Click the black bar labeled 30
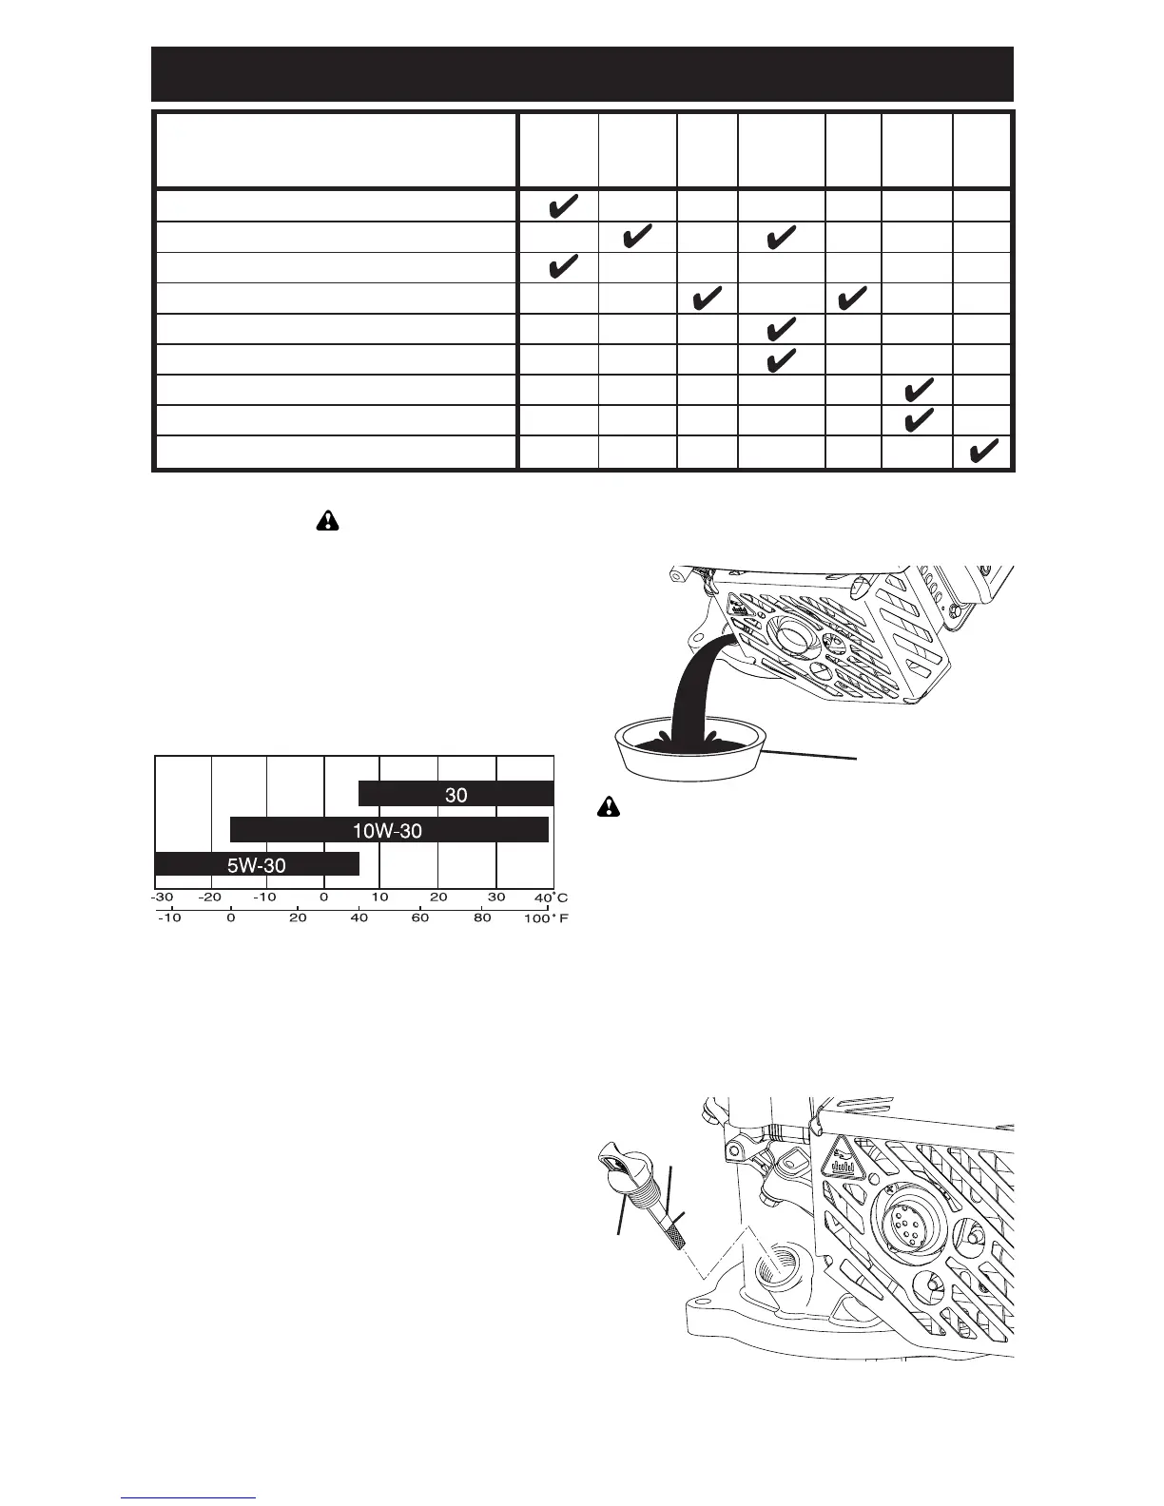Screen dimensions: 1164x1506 tap(456, 794)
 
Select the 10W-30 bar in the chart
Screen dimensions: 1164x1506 tap(389, 830)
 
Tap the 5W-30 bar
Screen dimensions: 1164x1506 tap(257, 864)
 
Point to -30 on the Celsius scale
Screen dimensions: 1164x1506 tap(163, 898)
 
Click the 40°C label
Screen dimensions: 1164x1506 tap(551, 898)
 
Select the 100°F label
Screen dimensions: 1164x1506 tap(545, 918)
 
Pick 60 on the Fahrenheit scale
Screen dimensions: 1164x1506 tap(420, 918)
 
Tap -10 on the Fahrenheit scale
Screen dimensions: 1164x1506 tap(169, 918)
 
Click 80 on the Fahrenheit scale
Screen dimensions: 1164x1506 tap(483, 918)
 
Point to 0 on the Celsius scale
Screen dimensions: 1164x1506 tap(324, 898)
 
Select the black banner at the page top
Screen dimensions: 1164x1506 tap(582, 74)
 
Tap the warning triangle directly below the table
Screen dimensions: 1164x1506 tap(326, 521)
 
